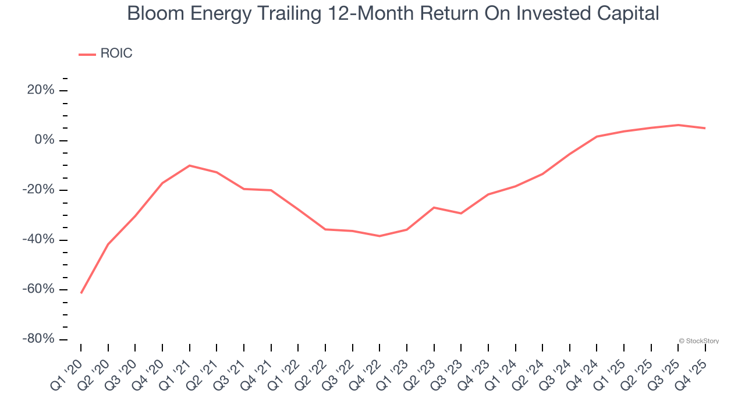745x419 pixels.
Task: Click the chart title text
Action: coord(393,13)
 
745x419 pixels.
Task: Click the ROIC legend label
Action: coord(116,54)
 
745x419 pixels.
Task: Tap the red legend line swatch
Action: coord(87,54)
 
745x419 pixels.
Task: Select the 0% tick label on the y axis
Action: coord(44,140)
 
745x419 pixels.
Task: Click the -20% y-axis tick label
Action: coord(38,190)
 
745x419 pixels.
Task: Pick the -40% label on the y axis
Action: coord(38,240)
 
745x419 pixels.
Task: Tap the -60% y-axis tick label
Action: coord(38,289)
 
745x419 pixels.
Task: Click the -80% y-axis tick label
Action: coord(38,339)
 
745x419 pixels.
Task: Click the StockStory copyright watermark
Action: coord(699,341)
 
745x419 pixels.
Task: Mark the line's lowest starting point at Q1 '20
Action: coord(81,293)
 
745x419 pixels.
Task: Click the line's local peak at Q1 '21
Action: coord(190,165)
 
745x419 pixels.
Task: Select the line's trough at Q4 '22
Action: coord(379,236)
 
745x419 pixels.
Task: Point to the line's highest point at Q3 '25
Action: coord(678,125)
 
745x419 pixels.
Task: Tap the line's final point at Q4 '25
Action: coord(705,128)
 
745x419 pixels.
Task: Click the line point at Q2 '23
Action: coord(434,207)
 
